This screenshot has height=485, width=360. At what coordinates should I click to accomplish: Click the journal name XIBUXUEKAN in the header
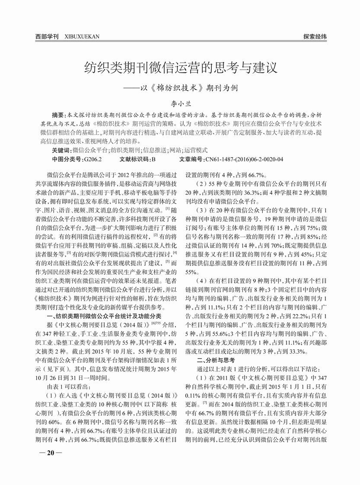[81, 37]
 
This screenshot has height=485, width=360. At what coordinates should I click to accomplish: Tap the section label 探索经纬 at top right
[315, 37]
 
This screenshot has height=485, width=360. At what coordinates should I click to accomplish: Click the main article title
[180, 68]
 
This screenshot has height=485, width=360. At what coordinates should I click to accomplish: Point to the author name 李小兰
[179, 104]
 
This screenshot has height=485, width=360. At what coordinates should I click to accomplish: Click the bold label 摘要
[58, 116]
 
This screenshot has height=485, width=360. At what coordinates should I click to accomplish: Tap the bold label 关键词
[61, 151]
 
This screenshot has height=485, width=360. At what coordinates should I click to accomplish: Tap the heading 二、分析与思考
[216, 360]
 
